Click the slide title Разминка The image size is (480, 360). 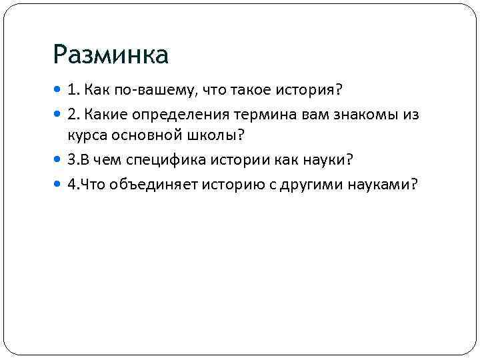click(x=111, y=55)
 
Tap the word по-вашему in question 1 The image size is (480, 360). click(x=139, y=89)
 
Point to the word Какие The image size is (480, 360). click(x=99, y=115)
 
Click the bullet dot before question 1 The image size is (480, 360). click(x=60, y=90)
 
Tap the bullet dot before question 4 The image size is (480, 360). click(x=60, y=185)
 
